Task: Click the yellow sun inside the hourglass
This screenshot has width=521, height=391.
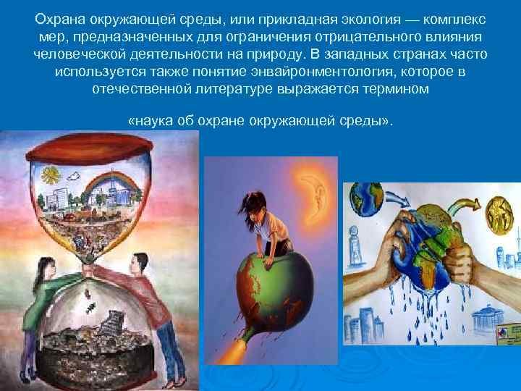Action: (x=50, y=176)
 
